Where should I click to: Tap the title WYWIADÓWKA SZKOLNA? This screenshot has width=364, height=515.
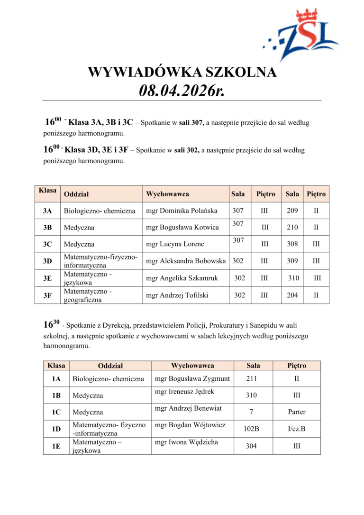[182, 72]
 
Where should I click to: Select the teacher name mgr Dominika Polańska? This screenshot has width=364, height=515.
[182, 211]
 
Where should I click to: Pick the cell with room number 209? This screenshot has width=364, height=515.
[292, 211]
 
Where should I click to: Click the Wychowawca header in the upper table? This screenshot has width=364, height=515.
[167, 194]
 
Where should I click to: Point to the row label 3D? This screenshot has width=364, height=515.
[47, 261]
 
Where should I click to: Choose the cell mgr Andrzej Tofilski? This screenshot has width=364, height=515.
[177, 295]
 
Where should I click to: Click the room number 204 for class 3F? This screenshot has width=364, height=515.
[292, 295]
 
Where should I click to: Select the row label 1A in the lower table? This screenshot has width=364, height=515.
[56, 378]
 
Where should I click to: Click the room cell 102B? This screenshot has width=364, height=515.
[251, 429]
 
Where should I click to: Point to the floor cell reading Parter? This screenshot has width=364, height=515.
[297, 412]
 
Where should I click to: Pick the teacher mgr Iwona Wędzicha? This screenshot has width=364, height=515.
[186, 442]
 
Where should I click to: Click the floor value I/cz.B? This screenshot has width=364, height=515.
[297, 429]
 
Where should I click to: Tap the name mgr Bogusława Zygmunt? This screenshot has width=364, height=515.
[192, 378]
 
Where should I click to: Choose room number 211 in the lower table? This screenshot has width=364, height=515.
[251, 378]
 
